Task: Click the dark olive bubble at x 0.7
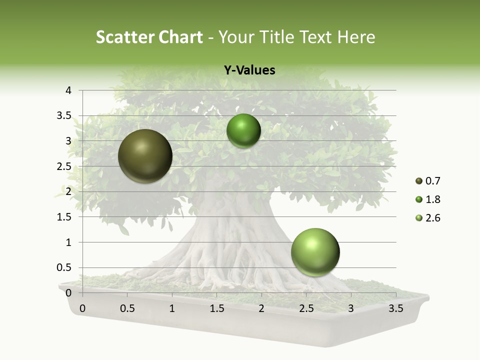(x=145, y=156)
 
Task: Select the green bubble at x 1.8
(x=243, y=131)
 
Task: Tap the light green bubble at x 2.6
(x=315, y=252)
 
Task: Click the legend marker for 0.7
(x=419, y=181)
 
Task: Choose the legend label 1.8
(x=433, y=199)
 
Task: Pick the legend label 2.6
(x=433, y=218)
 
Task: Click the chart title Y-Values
(x=249, y=70)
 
